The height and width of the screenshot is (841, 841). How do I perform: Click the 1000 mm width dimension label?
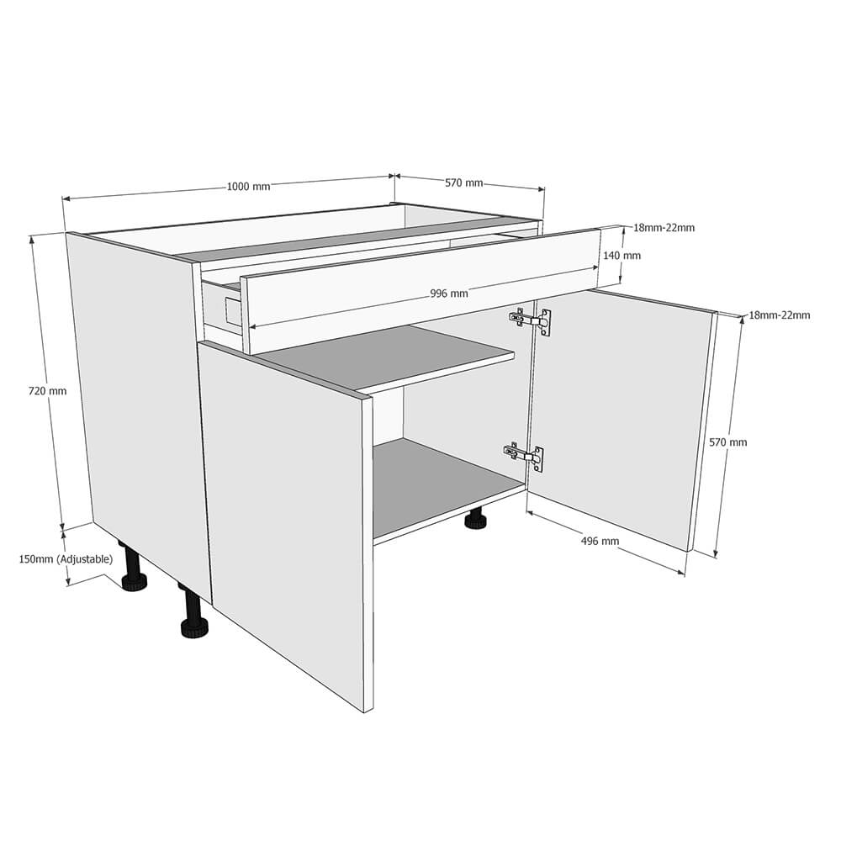coord(248,187)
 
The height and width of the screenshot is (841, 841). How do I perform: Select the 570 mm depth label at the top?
coord(463,182)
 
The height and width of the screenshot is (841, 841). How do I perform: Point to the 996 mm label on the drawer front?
coord(448,294)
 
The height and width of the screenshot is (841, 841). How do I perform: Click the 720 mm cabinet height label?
coord(47,391)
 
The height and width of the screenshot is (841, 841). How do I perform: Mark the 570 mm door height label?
coord(727,442)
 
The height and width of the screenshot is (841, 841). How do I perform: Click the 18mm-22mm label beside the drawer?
coord(664,228)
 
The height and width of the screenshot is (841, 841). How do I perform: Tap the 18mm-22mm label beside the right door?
coord(779,315)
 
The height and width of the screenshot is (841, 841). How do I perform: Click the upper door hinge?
coord(531,320)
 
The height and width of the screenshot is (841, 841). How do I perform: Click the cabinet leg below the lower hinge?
coord(476,518)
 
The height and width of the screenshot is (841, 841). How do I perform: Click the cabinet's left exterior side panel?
coord(139,395)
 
